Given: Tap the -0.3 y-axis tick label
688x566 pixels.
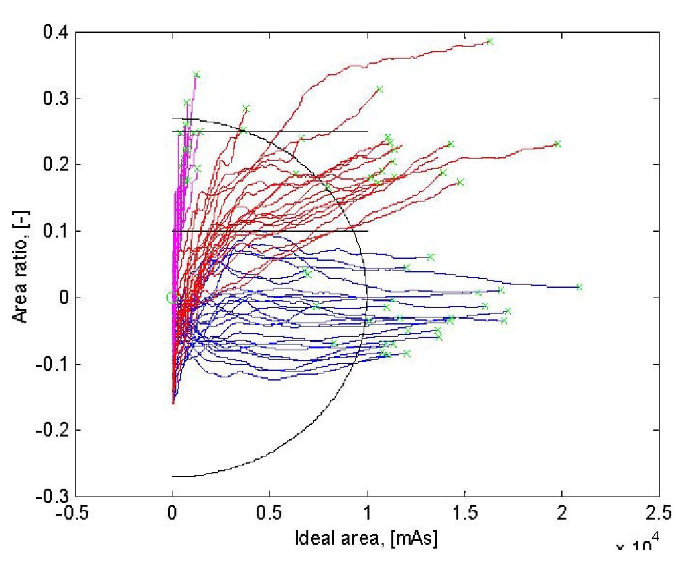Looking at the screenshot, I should [51, 496].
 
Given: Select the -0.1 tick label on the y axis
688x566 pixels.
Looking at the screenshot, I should [51, 364].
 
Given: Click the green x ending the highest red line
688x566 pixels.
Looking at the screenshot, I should [490, 41].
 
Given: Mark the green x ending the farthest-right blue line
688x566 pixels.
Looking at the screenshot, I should [579, 287].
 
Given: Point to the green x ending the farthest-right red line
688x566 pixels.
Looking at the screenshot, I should [557, 144].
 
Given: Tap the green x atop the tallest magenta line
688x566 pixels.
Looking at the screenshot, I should [196, 75].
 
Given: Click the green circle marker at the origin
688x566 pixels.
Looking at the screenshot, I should [171, 297].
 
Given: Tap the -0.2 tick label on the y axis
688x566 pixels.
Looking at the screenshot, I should [51, 429].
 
